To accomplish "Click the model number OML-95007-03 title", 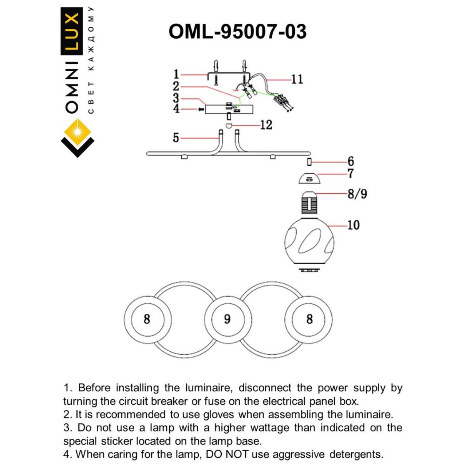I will (237, 32).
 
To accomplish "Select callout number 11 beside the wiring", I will (297, 79).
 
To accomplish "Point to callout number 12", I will (266, 125).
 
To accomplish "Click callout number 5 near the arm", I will (176, 138).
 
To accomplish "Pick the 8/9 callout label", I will (357, 193).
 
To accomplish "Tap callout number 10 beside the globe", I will (353, 225).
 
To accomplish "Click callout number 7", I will (350, 173).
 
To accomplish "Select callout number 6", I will (351, 161).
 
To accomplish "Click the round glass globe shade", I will (309, 242).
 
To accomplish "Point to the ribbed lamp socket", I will (309, 203).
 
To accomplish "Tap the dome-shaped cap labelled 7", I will (309, 179).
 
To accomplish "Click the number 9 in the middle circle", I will (227, 319).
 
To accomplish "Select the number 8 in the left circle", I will (147, 319).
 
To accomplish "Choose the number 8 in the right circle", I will (309, 319).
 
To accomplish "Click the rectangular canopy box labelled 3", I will (229, 109).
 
